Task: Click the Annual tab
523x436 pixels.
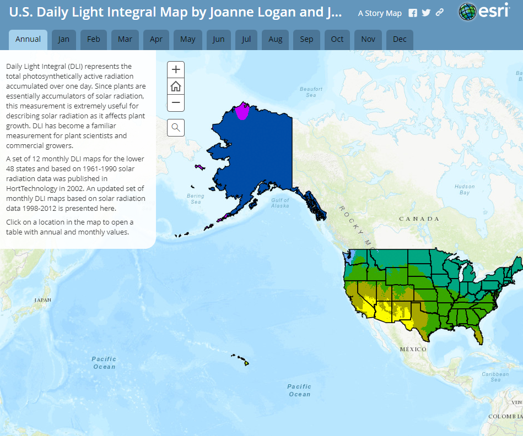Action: (28, 39)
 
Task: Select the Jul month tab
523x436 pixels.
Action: (246, 39)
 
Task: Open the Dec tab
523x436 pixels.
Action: (400, 39)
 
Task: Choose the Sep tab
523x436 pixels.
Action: (306, 39)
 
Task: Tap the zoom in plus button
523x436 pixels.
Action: (176, 70)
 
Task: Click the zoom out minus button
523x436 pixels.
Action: (176, 102)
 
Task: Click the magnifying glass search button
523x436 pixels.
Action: (176, 128)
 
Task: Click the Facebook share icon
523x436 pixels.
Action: (413, 13)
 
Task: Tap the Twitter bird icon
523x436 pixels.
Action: (426, 13)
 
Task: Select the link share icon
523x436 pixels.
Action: (439, 13)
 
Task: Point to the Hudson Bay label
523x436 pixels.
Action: (465, 189)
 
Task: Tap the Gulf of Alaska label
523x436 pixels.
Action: (280, 203)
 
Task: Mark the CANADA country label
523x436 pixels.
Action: (419, 219)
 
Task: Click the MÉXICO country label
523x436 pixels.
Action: (413, 349)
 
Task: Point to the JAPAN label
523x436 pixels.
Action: (43, 300)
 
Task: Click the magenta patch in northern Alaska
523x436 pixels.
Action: (242, 111)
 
